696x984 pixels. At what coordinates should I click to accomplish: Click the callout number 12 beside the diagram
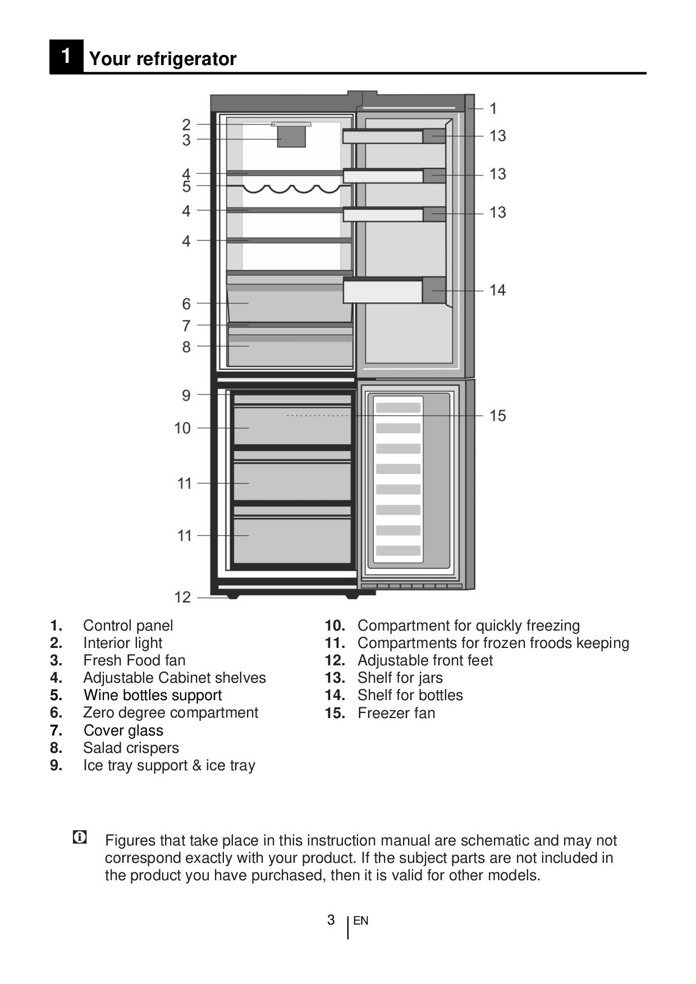click(x=182, y=597)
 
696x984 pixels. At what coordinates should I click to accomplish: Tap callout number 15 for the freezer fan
click(x=497, y=416)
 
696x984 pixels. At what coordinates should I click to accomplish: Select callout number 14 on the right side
click(x=497, y=290)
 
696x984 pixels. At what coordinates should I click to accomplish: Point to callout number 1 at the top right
click(x=493, y=108)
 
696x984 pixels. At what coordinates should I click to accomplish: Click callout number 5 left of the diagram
click(x=186, y=186)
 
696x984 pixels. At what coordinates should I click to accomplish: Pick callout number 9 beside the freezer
click(x=186, y=396)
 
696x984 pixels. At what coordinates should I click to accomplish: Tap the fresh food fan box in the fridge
click(x=291, y=136)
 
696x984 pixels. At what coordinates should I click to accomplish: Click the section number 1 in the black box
click(x=66, y=57)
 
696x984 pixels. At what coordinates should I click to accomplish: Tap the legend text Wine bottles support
click(x=153, y=695)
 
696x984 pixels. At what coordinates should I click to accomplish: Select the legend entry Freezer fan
click(x=396, y=713)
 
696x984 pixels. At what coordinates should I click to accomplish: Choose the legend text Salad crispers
click(x=131, y=748)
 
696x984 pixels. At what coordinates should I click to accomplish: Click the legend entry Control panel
click(x=128, y=626)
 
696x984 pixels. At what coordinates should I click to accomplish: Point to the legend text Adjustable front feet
click(x=425, y=660)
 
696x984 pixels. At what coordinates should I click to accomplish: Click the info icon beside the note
click(x=80, y=838)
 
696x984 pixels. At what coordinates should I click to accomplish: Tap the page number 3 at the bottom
click(x=331, y=919)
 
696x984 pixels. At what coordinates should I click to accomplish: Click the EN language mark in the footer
click(x=361, y=921)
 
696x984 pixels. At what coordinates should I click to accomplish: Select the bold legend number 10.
click(x=335, y=626)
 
